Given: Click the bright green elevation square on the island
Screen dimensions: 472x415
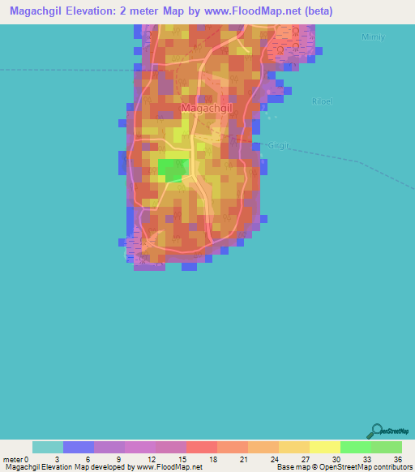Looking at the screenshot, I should [x=173, y=169].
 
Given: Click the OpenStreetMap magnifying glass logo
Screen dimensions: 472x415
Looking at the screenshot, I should [x=375, y=430].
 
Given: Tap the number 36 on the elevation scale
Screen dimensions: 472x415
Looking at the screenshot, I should [x=396, y=459].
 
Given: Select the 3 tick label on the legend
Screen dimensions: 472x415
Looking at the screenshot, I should [x=57, y=459].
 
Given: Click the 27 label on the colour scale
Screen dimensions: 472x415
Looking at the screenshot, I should [x=304, y=459].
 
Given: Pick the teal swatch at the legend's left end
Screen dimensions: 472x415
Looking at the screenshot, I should [x=47, y=447].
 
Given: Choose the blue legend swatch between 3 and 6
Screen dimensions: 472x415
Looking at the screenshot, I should [x=78, y=447].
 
